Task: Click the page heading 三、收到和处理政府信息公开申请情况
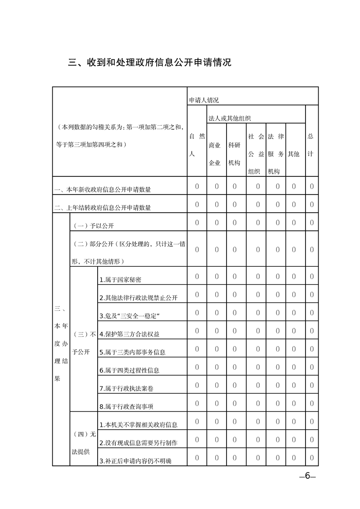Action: (x=150, y=62)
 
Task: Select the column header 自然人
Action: (x=197, y=145)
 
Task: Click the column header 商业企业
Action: (x=215, y=154)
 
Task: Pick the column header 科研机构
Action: (x=234, y=154)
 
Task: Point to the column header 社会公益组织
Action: (x=256, y=154)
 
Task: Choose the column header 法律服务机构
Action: (x=276, y=154)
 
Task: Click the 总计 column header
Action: (x=311, y=145)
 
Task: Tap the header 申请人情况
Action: (x=204, y=100)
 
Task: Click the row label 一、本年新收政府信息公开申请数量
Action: (x=103, y=190)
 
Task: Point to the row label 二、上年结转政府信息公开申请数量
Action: (x=103, y=208)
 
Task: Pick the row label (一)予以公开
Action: (x=91, y=225)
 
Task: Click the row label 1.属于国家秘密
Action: (x=123, y=280)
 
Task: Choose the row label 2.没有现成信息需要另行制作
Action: (x=138, y=443)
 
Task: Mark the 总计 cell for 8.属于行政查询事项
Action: (x=312, y=403)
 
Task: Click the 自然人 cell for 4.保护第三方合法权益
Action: (x=197, y=331)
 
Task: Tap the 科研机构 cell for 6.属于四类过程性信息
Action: (x=235, y=367)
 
